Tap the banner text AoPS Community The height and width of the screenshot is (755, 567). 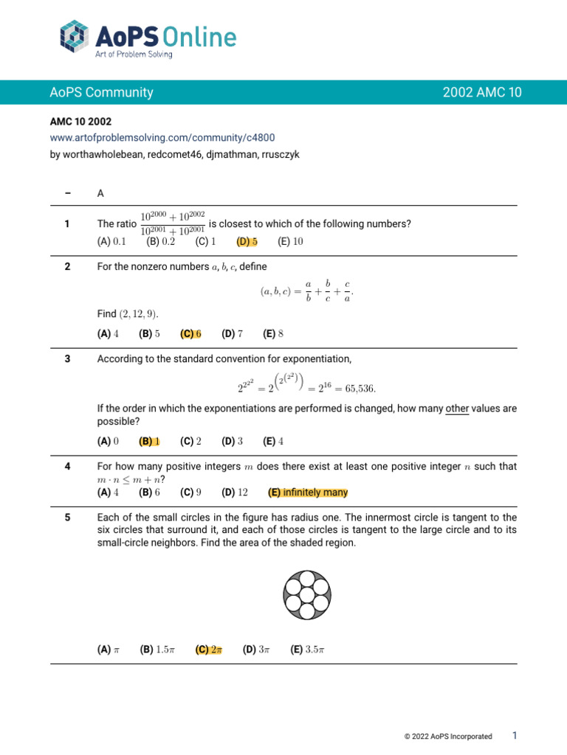click(101, 92)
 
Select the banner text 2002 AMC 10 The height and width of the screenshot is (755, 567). click(482, 92)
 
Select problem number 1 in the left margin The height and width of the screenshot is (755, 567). click(67, 224)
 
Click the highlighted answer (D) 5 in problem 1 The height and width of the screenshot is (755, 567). click(247, 241)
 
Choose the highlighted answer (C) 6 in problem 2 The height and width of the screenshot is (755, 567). click(190, 333)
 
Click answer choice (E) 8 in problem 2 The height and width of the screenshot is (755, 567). click(273, 333)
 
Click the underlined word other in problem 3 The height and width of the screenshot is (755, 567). click(457, 408)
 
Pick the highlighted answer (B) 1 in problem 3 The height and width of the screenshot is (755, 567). click(149, 441)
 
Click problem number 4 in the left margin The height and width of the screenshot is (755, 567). click(67, 467)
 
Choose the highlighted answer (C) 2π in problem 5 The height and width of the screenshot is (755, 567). click(209, 650)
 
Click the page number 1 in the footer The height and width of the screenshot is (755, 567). click(515, 735)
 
